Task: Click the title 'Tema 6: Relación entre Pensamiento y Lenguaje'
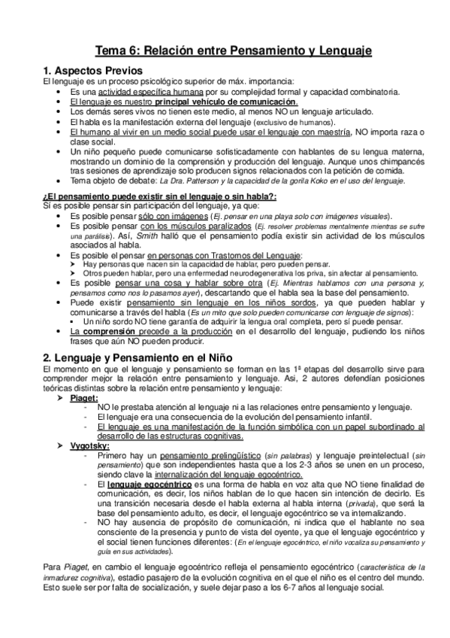pyautogui.click(x=225, y=50)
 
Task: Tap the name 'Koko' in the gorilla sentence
pyautogui.click(x=338, y=181)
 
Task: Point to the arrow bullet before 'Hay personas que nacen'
pyautogui.click(x=71, y=266)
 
